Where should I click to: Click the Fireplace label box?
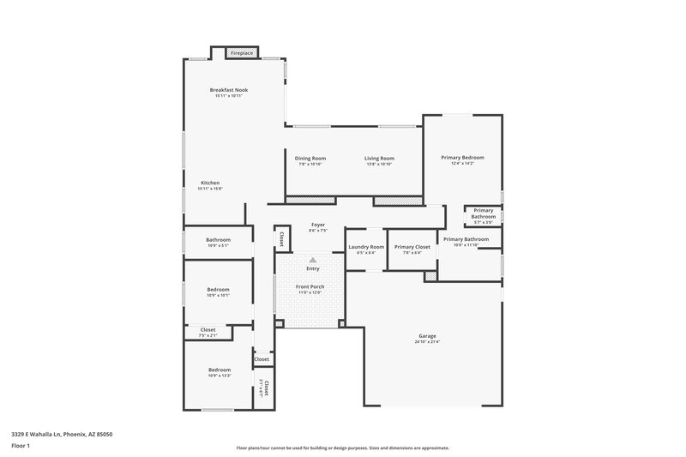(x=242, y=53)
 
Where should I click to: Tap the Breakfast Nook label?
(x=228, y=90)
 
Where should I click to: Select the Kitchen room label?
(x=210, y=183)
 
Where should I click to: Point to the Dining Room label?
(x=310, y=159)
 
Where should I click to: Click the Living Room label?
(x=378, y=159)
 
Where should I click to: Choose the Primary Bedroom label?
(x=462, y=158)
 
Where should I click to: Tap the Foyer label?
(x=317, y=225)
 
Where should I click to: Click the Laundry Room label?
(x=366, y=247)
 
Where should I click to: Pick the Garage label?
(x=427, y=335)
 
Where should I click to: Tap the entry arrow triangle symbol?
(x=313, y=259)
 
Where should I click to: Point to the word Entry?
(x=313, y=268)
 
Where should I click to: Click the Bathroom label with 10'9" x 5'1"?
(x=218, y=240)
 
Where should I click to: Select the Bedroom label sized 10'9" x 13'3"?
(x=219, y=370)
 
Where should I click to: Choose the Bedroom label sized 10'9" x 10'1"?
(x=218, y=290)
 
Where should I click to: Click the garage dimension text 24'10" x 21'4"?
(x=427, y=341)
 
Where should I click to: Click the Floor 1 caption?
(x=21, y=446)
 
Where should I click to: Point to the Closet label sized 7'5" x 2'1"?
(x=208, y=329)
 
